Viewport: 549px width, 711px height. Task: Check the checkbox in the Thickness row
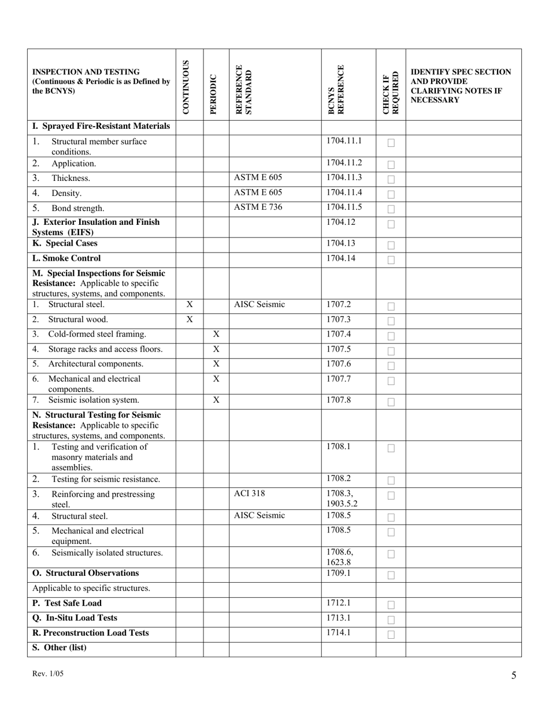(391, 180)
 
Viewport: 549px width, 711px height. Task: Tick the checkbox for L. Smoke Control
(391, 260)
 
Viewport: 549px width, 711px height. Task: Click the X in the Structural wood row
(190, 319)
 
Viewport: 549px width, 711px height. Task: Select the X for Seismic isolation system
(216, 399)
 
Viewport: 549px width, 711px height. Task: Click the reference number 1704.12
(339, 221)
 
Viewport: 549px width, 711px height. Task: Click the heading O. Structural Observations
(86, 573)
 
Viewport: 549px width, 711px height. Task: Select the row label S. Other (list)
(60, 647)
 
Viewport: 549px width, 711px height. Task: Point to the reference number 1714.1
(339, 632)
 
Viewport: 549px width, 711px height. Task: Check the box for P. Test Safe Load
(391, 605)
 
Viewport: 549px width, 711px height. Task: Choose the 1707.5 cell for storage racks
(339, 349)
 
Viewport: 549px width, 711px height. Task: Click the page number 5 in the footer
(514, 675)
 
